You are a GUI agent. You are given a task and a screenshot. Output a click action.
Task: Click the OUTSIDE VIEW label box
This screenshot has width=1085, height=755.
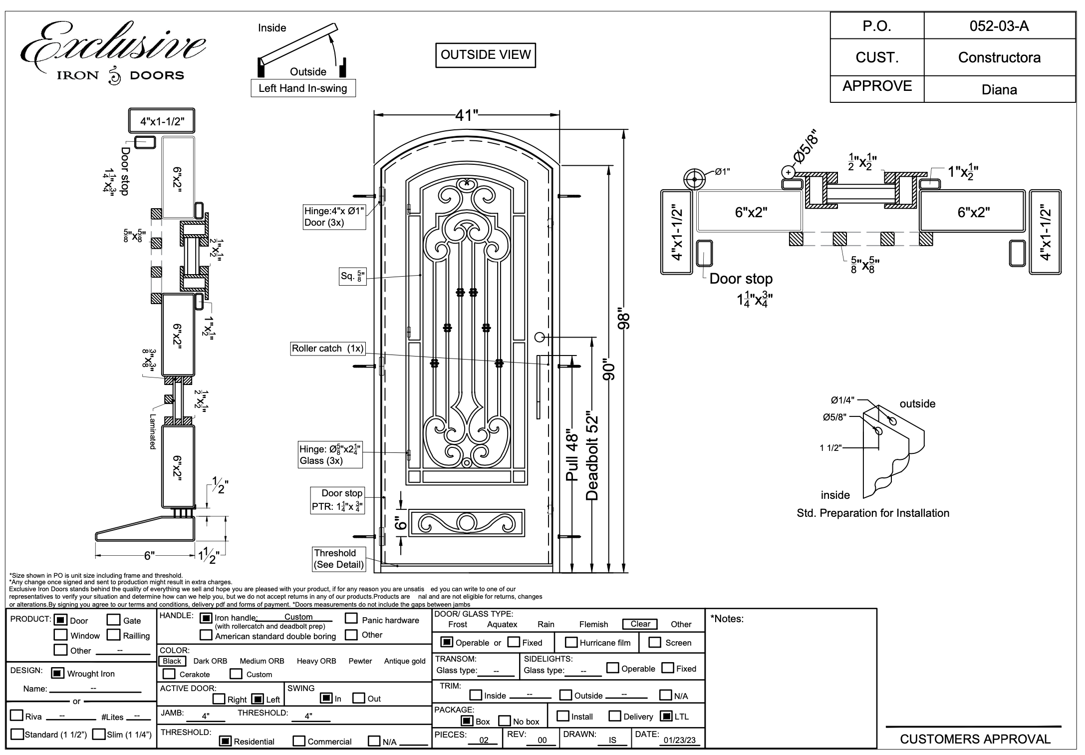pos(486,55)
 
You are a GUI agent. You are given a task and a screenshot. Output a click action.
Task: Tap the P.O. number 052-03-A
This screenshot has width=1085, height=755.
pos(999,26)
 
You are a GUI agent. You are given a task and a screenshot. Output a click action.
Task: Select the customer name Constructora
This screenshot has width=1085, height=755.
pos(999,57)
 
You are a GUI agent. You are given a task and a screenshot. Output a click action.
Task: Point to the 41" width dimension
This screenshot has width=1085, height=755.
pos(467,115)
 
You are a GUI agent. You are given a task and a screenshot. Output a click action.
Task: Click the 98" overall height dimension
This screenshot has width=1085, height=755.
pos(624,318)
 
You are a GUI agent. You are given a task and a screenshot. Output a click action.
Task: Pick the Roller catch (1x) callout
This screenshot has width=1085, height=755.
pos(328,349)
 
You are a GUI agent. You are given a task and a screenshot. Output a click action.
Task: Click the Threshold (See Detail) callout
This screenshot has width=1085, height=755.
pos(339,559)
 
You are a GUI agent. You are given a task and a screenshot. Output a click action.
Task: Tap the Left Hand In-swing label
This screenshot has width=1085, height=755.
pos(303,88)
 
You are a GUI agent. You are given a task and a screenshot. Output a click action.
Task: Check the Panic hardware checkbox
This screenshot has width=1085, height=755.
pos(351,619)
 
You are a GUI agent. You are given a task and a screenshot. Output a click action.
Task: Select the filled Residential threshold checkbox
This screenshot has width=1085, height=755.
pos(226,741)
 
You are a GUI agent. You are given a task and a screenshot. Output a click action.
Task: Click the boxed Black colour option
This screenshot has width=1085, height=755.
pos(172,661)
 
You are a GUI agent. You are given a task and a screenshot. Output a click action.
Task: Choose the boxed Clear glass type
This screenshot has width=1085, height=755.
pos(640,624)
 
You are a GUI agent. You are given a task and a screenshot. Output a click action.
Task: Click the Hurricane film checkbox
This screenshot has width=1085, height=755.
pos(571,642)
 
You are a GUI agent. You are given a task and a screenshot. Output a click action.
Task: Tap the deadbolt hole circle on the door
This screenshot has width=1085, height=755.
pos(539,337)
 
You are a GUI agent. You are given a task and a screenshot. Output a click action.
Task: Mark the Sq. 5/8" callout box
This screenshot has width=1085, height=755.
pos(353,276)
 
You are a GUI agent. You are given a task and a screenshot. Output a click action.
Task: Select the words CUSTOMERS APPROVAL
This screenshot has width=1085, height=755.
pos(975,739)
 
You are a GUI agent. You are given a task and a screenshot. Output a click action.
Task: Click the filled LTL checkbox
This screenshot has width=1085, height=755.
pos(666,716)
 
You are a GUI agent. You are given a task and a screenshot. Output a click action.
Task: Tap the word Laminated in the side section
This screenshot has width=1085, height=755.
pos(153,432)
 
